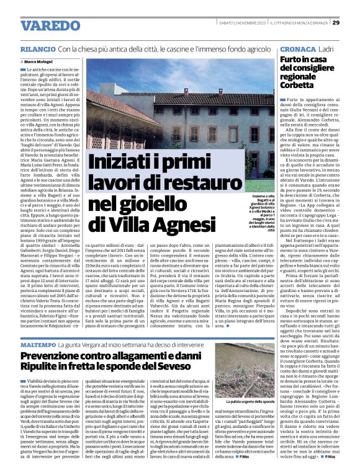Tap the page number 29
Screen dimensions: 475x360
[x=335, y=22]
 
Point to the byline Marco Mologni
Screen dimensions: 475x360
[x=38, y=62]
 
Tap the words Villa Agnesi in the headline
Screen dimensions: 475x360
[x=167, y=222]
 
